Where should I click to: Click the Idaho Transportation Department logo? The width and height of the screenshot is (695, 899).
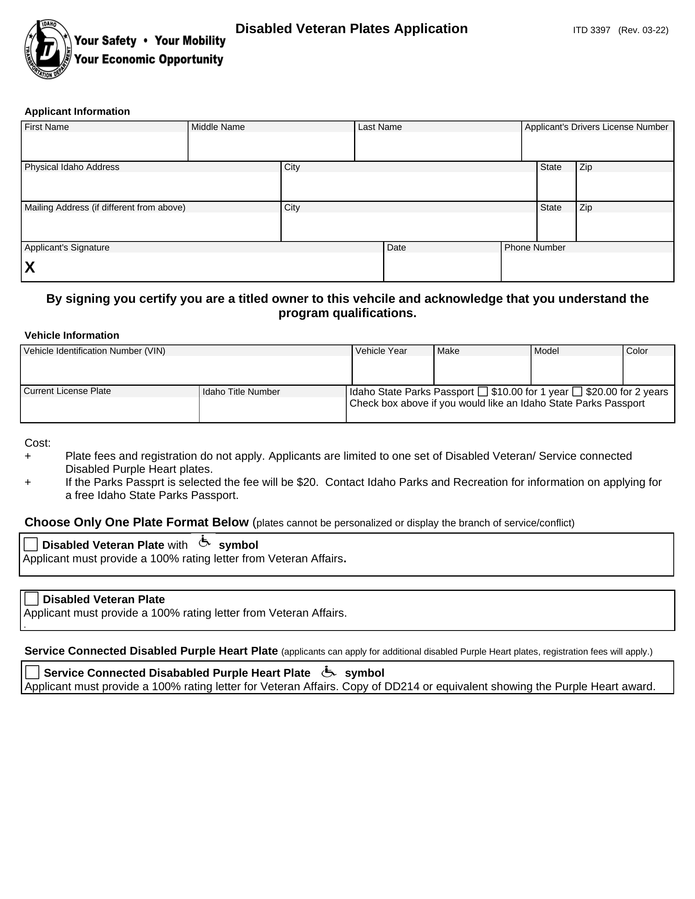click(x=48, y=49)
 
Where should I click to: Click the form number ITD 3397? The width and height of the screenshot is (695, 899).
click(x=591, y=30)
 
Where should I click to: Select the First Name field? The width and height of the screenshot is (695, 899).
click(x=104, y=146)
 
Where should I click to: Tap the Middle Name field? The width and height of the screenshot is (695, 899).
click(x=271, y=146)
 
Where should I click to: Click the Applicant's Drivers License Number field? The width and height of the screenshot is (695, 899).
click(x=597, y=146)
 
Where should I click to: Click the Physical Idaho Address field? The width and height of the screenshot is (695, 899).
click(x=151, y=186)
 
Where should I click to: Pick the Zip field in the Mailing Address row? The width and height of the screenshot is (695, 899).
click(x=624, y=226)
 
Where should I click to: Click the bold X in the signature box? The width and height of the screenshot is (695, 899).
click(x=30, y=268)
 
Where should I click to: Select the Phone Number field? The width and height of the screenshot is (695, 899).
click(x=587, y=267)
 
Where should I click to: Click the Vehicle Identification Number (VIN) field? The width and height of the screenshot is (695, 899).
click(x=186, y=370)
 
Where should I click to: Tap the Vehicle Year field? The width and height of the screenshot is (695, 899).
click(x=393, y=370)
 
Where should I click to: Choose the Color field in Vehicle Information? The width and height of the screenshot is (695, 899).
click(x=648, y=370)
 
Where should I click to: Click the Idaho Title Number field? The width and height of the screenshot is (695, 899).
click(x=273, y=409)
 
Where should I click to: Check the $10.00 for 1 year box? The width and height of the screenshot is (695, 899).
click(x=482, y=391)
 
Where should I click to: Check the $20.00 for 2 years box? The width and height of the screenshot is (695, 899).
click(x=577, y=391)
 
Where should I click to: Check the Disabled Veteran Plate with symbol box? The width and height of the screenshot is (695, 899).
click(x=31, y=545)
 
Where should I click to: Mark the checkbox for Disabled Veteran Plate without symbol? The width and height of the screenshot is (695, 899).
click(x=32, y=599)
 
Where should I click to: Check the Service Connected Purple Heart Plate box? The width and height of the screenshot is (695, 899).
click(x=33, y=673)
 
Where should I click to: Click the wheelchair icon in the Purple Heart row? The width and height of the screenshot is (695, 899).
click(x=328, y=672)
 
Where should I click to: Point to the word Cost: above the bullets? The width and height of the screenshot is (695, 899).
click(x=38, y=443)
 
